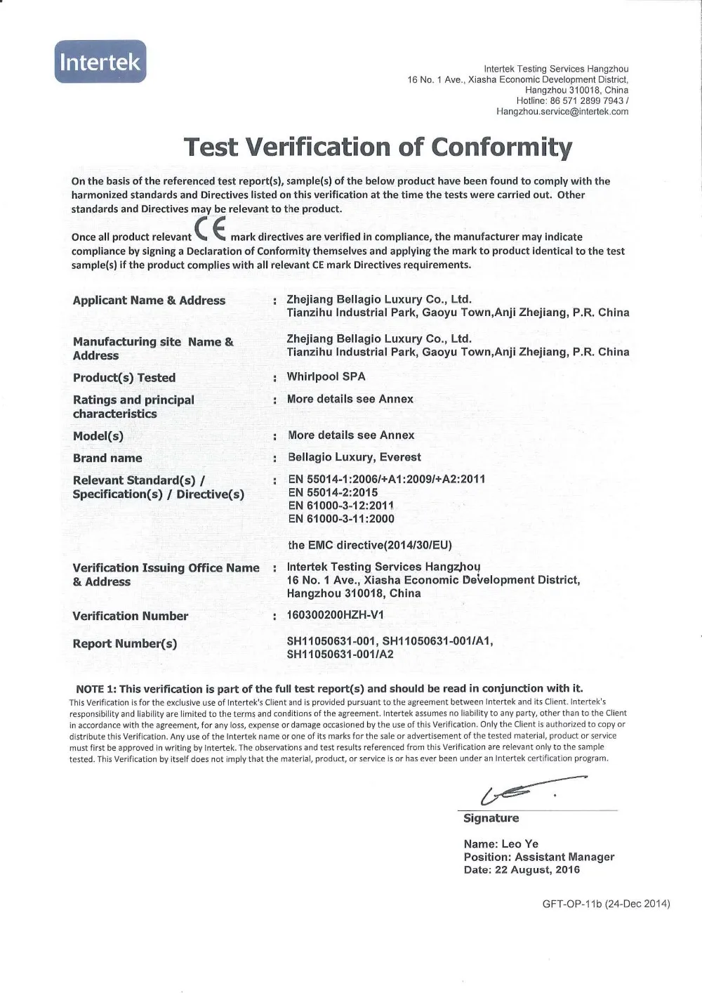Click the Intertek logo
click(x=100, y=62)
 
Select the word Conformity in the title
click(x=501, y=147)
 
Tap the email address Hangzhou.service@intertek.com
click(x=562, y=111)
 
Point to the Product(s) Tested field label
click(x=124, y=378)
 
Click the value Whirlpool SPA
click(x=326, y=376)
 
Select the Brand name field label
click(x=107, y=458)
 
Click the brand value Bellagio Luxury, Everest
click(x=355, y=457)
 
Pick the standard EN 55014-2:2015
click(x=333, y=492)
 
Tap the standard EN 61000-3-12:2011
click(x=341, y=506)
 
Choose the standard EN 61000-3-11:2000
click(x=341, y=519)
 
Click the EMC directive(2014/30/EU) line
click(x=370, y=545)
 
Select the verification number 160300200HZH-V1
click(x=336, y=615)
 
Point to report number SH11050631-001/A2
click(x=340, y=655)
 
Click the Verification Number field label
click(x=131, y=616)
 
